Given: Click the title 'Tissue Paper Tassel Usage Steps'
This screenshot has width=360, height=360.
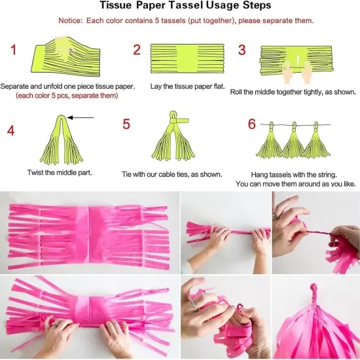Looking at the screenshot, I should (179, 7).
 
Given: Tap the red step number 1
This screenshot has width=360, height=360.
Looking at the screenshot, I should (14, 50).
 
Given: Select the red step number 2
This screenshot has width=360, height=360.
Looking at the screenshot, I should (137, 50).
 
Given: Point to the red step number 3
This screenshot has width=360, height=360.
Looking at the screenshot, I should (242, 50).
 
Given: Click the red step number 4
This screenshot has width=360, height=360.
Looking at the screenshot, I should (10, 130).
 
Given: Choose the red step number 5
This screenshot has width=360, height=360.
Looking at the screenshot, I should (126, 124).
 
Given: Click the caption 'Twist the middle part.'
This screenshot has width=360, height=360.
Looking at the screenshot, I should (60, 173).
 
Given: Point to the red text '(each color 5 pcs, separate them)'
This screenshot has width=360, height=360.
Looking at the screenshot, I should (67, 96).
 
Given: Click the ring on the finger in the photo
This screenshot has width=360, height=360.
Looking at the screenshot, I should (194, 302).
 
